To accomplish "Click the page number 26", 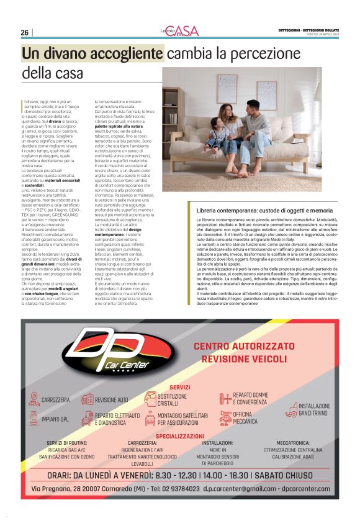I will (x=25, y=32).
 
